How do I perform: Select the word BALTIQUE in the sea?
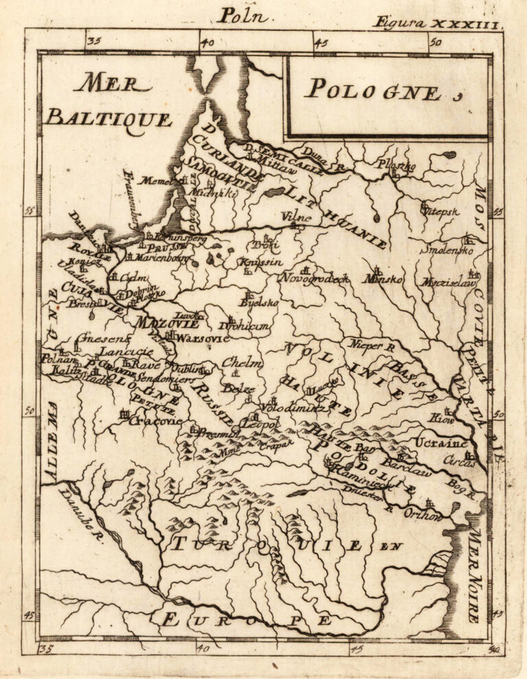(x=108, y=119)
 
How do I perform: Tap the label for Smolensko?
(x=447, y=251)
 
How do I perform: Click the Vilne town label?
(x=296, y=218)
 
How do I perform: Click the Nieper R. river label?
(x=372, y=346)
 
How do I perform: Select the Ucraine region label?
(x=441, y=444)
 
